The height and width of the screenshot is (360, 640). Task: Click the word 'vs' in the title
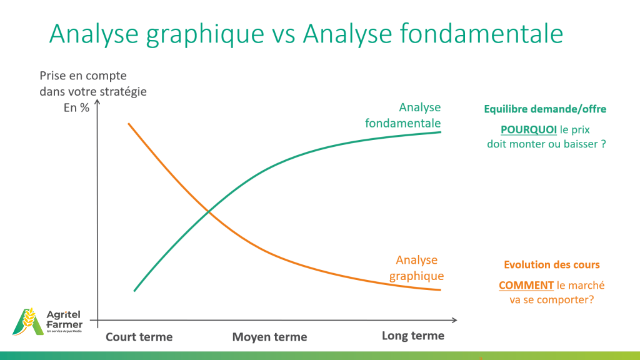coord(283,34)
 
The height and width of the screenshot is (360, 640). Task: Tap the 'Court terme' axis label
coord(139,337)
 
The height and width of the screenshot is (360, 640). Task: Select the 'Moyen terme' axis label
coord(269,337)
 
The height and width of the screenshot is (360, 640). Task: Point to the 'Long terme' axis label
coord(413,336)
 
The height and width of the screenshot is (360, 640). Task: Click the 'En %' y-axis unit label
coord(76,107)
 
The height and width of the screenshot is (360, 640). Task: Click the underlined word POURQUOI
coord(529,130)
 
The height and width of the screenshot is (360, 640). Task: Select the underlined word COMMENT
coord(526,285)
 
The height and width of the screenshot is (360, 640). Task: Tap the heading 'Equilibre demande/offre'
coord(545,109)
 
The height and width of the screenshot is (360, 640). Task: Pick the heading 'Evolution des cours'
coord(552,264)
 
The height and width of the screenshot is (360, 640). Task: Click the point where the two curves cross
coord(208,211)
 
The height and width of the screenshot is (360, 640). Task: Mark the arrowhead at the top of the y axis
coord(97,102)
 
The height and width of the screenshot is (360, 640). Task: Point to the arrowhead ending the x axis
coord(454,320)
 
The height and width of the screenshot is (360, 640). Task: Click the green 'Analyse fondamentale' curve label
coord(403,115)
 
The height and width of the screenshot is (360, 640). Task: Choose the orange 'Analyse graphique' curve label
coord(416,267)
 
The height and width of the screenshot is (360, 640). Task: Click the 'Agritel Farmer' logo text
coord(64,319)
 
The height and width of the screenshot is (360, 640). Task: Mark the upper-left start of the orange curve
coord(129,124)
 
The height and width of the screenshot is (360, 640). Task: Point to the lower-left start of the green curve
coord(135,290)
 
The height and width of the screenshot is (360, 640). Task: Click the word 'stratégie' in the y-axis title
coord(123,92)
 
